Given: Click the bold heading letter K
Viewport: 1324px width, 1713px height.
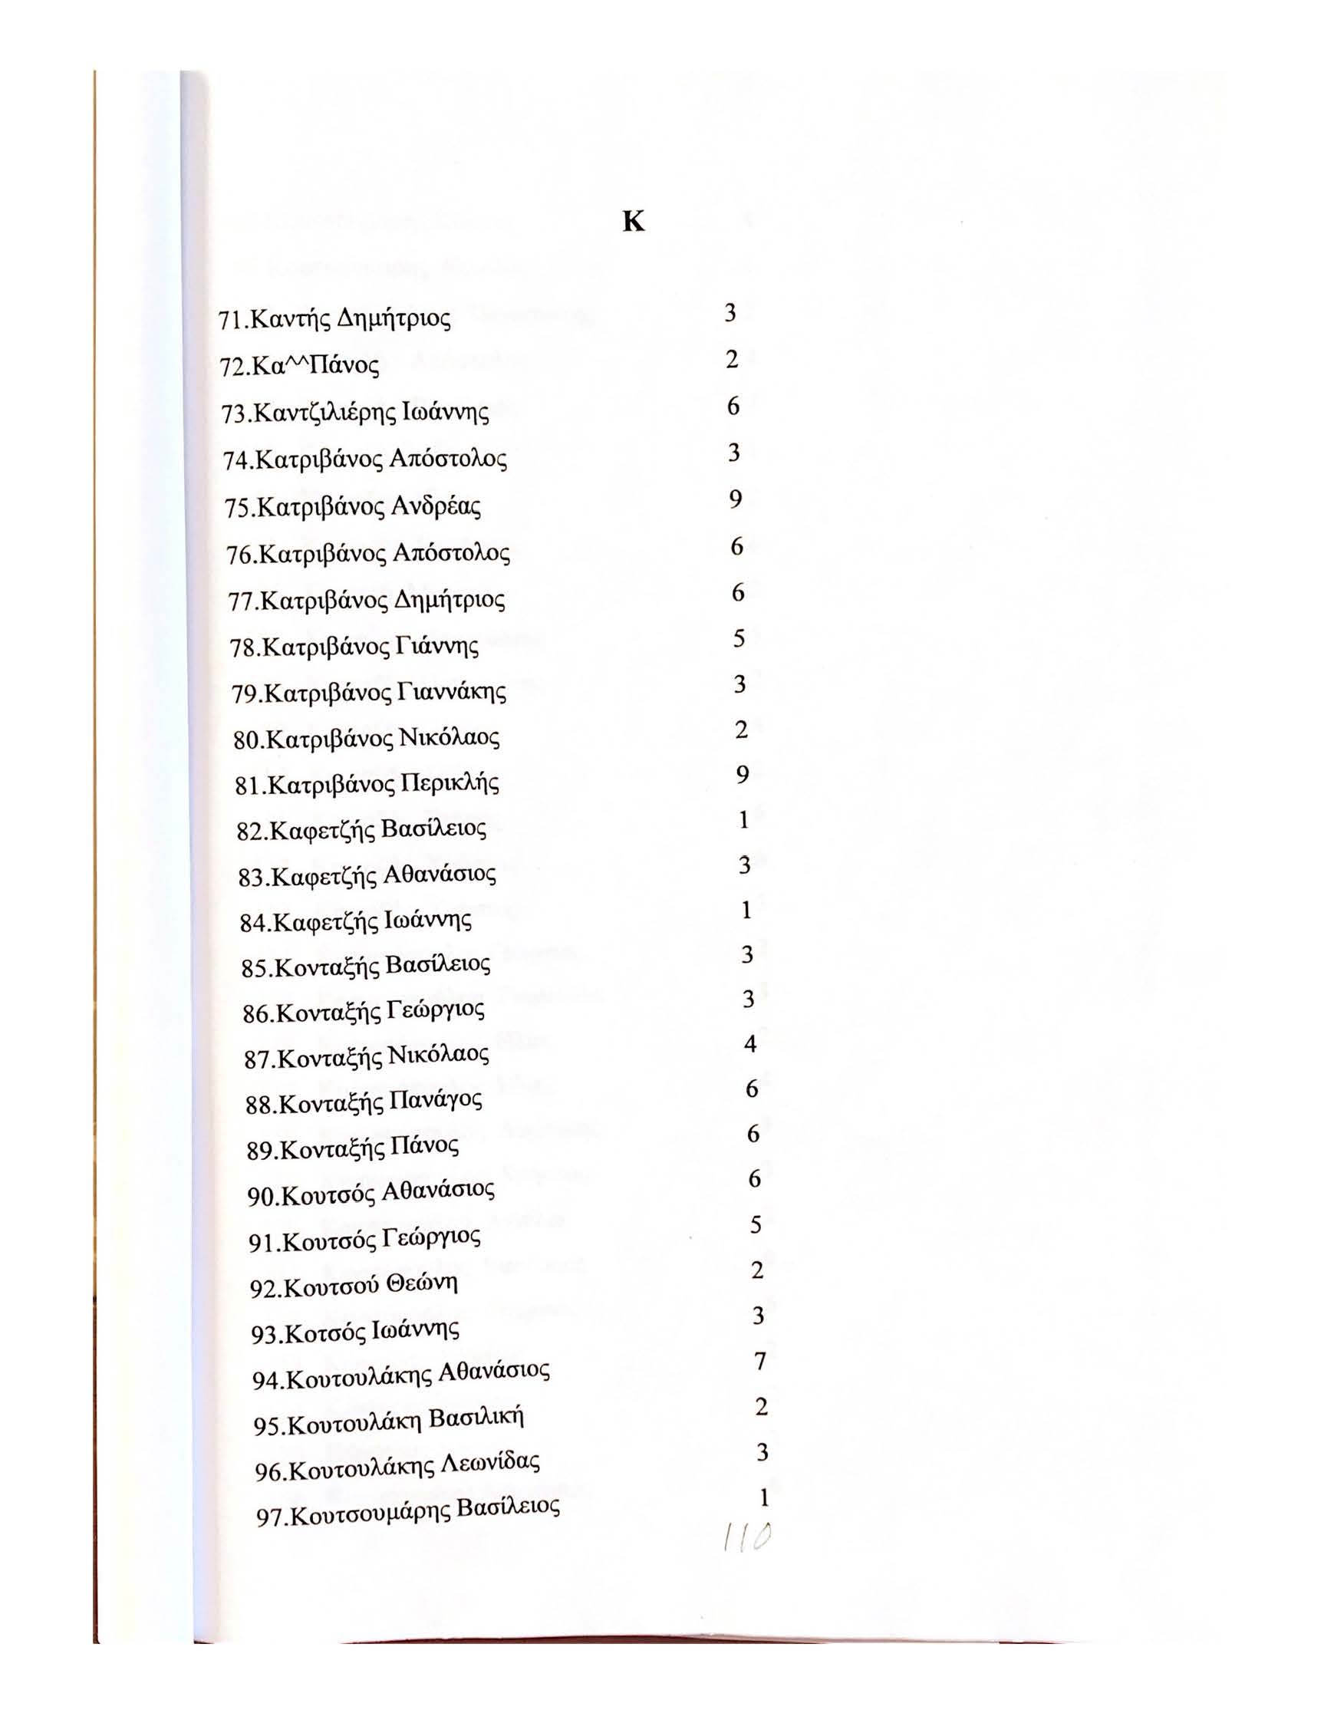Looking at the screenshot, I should click(633, 222).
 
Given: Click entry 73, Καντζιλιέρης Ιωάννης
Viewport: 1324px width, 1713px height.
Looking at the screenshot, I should click(355, 413).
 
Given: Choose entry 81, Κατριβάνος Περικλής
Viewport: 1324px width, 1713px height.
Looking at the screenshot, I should click(367, 783).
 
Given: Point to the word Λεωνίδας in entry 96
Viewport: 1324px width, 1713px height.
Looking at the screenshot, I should click(492, 1464).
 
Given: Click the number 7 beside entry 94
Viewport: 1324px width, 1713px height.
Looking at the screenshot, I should click(759, 1362).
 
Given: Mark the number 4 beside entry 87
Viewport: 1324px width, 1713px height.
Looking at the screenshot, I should click(750, 1044).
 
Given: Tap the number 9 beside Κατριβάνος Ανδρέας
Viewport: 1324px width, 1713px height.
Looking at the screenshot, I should click(735, 499).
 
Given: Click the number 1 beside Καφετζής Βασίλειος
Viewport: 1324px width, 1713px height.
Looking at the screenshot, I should click(743, 819).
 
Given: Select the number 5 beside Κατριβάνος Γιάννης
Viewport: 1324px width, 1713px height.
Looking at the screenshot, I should click(739, 638).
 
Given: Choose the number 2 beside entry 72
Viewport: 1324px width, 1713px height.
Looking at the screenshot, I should click(732, 360).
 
